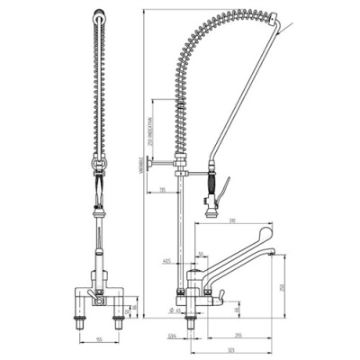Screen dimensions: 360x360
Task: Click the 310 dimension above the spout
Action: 231,220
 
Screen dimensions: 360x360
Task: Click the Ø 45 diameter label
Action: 177,310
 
